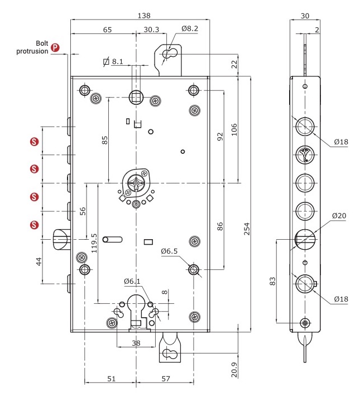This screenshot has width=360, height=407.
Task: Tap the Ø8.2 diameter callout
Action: pyautogui.click(x=190, y=29)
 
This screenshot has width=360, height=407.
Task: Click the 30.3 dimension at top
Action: pyautogui.click(x=152, y=29)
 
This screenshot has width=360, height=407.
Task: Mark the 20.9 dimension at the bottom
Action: pyautogui.click(x=233, y=370)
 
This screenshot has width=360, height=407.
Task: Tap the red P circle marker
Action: pyautogui.click(x=55, y=47)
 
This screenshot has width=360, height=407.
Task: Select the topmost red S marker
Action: pyautogui.click(x=35, y=142)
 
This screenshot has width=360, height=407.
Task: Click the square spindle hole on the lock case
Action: pyautogui.click(x=136, y=97)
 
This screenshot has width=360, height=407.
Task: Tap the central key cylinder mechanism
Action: pyautogui.click(x=136, y=183)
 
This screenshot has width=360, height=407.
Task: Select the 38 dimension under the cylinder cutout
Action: pyautogui.click(x=136, y=344)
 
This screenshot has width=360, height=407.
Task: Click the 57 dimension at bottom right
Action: pyautogui.click(x=165, y=379)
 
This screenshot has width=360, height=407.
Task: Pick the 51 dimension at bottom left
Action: pyautogui.click(x=111, y=379)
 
